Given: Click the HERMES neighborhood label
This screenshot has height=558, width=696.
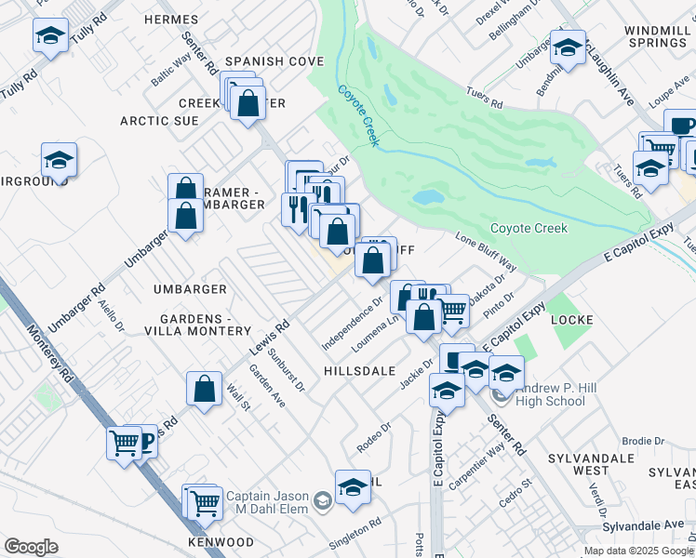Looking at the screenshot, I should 172,20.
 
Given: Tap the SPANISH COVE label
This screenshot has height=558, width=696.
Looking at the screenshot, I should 274,61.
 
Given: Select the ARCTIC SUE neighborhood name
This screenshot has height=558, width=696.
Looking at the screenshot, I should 159,121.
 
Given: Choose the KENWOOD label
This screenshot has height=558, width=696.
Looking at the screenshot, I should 221,541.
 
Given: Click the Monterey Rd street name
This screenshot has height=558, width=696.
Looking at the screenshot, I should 52,352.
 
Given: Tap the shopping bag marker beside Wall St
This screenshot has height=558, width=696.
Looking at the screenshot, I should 204,389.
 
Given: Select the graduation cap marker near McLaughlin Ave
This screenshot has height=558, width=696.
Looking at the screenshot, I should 568,47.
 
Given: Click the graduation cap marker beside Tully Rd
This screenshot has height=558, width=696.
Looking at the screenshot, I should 49,37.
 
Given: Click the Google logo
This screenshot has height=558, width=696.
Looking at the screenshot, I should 31,547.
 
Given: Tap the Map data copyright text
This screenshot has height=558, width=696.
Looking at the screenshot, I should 638,551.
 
